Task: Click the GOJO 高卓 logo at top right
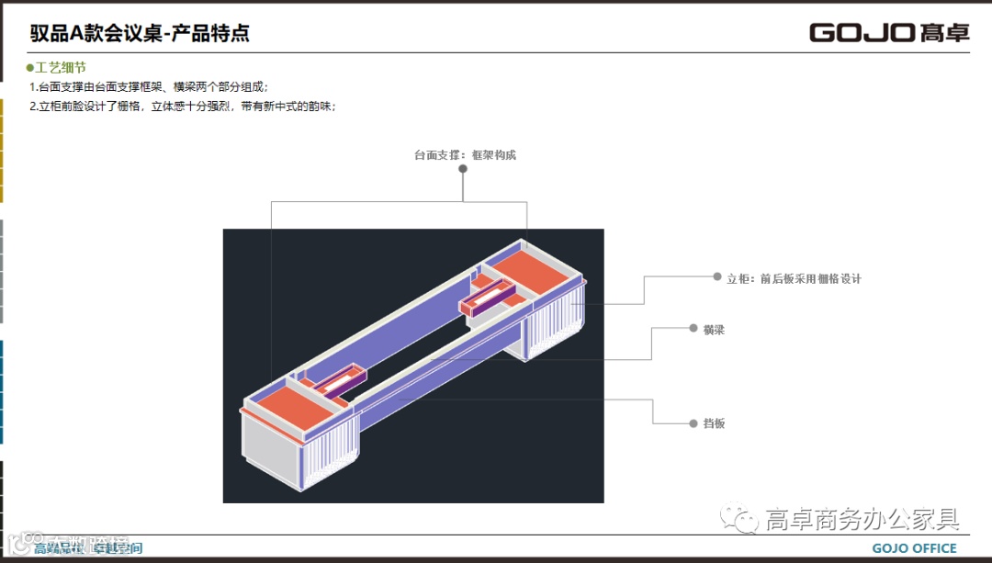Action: click(888, 33)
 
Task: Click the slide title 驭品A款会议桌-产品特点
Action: click(140, 34)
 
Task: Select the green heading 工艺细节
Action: click(62, 68)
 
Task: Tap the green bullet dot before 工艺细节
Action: click(29, 68)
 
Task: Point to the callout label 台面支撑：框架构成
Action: click(465, 155)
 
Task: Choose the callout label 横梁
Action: click(714, 330)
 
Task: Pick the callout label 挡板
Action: click(714, 423)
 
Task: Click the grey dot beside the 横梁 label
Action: click(693, 328)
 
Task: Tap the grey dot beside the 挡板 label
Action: click(693, 423)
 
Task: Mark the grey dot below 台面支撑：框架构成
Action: click(464, 195)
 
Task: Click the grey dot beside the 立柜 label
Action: click(716, 276)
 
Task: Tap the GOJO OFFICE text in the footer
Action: click(914, 548)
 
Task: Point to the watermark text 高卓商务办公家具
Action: click(862, 520)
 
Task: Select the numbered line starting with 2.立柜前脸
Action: click(182, 107)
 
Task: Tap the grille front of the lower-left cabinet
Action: click(329, 456)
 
